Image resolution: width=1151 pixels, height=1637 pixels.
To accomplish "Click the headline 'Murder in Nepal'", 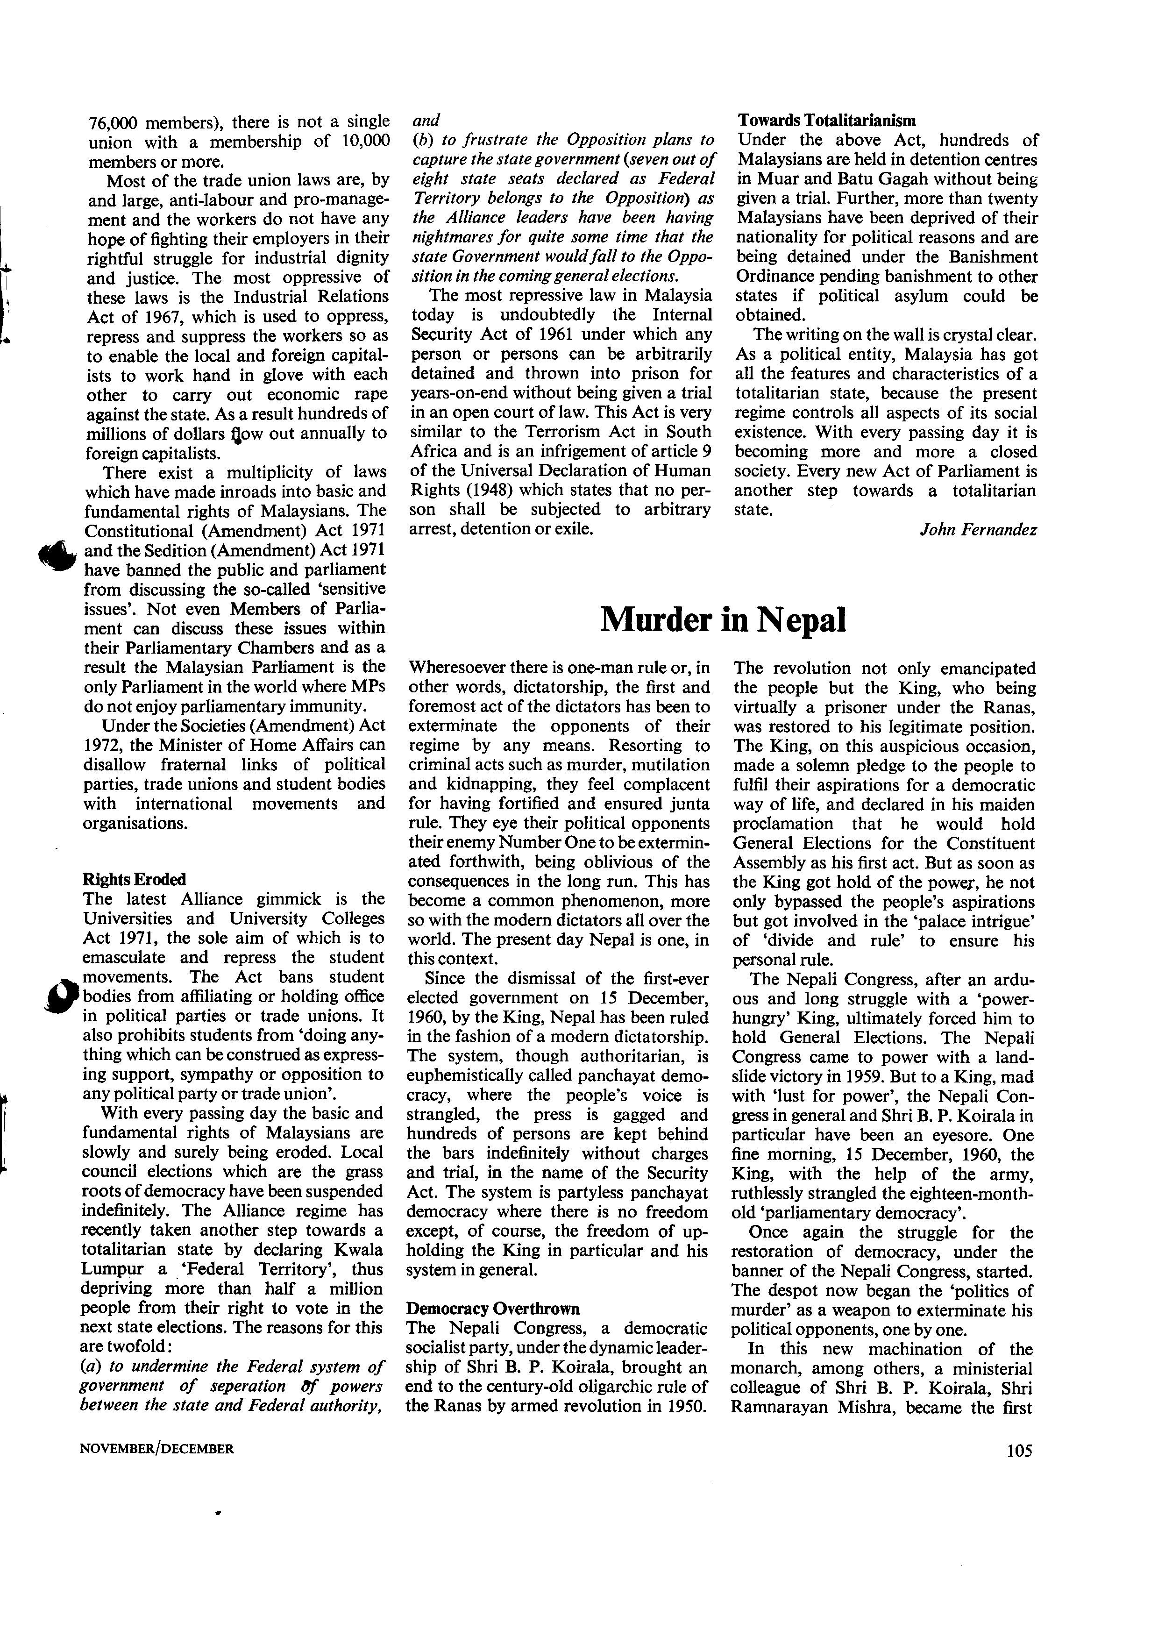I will pyautogui.click(x=723, y=619).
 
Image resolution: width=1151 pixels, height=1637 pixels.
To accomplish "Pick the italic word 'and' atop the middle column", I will pyautogui.click(x=426, y=120).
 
